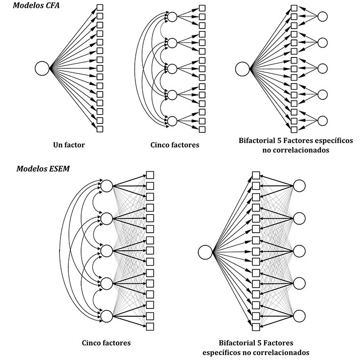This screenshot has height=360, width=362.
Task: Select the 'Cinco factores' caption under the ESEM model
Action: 107,343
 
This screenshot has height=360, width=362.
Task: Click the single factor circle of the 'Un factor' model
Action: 42,68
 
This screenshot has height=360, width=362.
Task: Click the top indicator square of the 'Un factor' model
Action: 100,7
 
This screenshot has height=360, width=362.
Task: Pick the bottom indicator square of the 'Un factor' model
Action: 100,129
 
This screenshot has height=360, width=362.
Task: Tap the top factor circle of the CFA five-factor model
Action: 172,17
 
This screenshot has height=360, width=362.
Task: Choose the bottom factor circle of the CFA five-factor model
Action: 172,120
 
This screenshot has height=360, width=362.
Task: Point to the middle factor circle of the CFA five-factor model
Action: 172,68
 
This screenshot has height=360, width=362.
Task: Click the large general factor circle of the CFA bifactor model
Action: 242,68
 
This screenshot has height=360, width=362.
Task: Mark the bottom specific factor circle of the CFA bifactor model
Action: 322,120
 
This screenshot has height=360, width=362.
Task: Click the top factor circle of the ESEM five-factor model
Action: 106,185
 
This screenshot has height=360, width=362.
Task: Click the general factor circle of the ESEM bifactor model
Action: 205,252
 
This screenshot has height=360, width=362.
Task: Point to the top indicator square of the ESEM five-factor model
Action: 150,175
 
